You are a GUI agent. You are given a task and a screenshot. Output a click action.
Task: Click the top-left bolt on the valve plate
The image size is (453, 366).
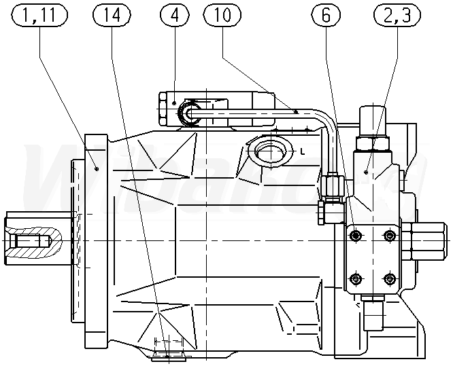(x=354, y=236)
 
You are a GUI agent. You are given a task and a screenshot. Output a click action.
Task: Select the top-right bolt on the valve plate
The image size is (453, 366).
(x=389, y=236)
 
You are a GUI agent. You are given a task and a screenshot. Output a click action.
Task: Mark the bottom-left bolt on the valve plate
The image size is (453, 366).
(x=354, y=278)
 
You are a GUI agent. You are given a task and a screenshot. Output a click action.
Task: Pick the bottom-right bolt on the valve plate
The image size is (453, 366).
(x=389, y=278)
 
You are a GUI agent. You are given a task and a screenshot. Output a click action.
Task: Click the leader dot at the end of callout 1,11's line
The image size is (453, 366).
(x=99, y=168)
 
